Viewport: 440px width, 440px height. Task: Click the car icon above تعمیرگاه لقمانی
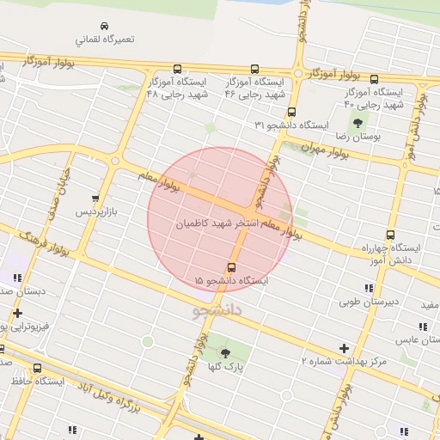(104, 26)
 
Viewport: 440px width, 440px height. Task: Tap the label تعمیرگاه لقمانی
(104, 40)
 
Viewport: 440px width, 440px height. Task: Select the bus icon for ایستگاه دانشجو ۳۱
(292, 112)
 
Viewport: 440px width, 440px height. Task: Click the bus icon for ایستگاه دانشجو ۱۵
(231, 267)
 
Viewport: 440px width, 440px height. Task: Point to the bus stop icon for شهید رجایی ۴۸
(178, 69)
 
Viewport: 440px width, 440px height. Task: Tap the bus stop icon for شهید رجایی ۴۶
(254, 69)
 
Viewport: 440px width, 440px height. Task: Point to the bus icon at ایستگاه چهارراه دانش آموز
(391, 235)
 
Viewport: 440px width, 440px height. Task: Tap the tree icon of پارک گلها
(225, 353)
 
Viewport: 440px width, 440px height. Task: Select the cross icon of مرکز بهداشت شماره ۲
(345, 349)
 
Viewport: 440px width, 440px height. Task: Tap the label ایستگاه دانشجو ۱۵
(231, 281)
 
